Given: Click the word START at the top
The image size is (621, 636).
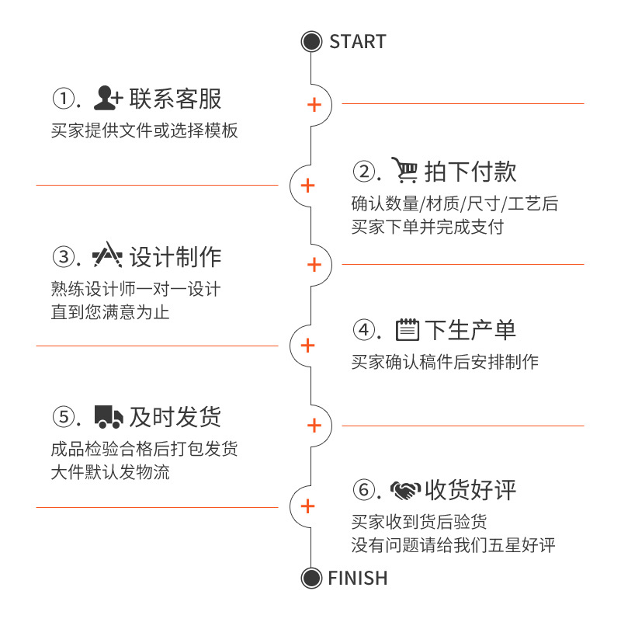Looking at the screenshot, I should pos(357,42).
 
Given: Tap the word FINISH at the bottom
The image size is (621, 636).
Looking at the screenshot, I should pos(357,579).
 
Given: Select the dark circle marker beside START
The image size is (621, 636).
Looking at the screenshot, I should pos(311,42).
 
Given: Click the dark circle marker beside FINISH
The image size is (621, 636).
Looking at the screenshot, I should pos(311,579).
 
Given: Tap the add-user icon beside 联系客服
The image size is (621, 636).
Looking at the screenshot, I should pos(108,99).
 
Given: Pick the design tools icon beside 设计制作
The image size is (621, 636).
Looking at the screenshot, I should pos(107,256).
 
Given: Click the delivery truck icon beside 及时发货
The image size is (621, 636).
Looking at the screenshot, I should pos(108,417).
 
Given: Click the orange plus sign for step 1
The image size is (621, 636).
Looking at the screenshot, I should pos(314,104).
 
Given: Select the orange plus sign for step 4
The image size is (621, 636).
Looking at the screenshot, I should pos(307,346).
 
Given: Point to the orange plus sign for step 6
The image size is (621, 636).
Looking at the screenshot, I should pos(307,506).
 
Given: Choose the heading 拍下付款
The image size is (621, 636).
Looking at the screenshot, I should pos(470,172).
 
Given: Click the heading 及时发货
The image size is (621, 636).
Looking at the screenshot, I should pos(175,417).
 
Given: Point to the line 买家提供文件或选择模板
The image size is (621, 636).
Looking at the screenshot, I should pos(144,131).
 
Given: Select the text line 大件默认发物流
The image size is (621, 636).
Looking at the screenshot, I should pos(110,472).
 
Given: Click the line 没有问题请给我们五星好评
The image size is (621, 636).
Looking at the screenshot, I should pos(453,545).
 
